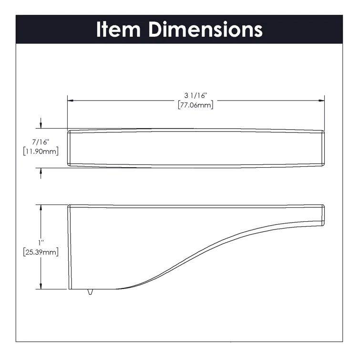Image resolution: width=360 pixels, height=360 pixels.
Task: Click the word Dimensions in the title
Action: tap(206, 29)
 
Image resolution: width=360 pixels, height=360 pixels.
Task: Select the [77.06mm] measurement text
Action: tap(195, 105)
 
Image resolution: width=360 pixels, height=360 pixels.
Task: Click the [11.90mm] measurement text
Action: tap(41, 152)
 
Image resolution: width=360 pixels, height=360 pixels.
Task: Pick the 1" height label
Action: tap(41, 243)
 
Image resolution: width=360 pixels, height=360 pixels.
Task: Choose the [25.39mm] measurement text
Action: tap(41, 252)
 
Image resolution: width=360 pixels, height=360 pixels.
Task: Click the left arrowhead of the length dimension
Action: tap(70, 101)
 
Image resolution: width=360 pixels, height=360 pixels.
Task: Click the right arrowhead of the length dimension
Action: tap(322, 101)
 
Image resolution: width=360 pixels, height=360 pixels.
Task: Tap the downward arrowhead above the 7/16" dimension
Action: tap(41, 125)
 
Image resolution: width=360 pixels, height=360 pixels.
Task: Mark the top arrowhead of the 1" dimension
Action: tap(41, 208)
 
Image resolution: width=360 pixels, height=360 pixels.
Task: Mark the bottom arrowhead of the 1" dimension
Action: tap(41, 286)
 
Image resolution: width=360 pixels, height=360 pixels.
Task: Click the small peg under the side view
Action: tap(90, 291)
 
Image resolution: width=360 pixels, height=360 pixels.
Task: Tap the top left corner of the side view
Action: tap(69, 206)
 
